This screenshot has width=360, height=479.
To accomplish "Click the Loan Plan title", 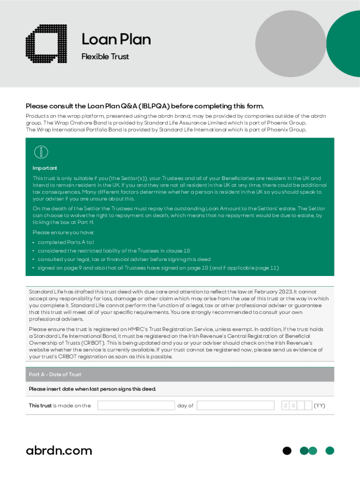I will [116, 39].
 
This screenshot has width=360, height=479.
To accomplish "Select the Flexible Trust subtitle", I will [105, 57].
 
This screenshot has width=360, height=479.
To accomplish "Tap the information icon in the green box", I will [41, 152].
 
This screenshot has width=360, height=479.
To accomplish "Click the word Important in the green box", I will [45, 168].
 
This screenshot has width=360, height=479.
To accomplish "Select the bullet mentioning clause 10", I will [114, 251].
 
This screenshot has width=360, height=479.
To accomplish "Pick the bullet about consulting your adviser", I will [124, 259].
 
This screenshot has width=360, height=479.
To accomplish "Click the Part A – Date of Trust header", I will [55, 374].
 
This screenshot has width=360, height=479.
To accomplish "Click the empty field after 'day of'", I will [236, 406].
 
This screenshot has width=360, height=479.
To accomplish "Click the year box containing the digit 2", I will [285, 406].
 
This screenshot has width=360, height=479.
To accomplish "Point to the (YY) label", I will [319, 406].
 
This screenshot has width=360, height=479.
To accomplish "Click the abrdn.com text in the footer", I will [59, 450].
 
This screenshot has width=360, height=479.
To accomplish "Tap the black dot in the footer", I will [287, 450].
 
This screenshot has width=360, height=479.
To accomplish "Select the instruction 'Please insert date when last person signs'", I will [92, 389].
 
